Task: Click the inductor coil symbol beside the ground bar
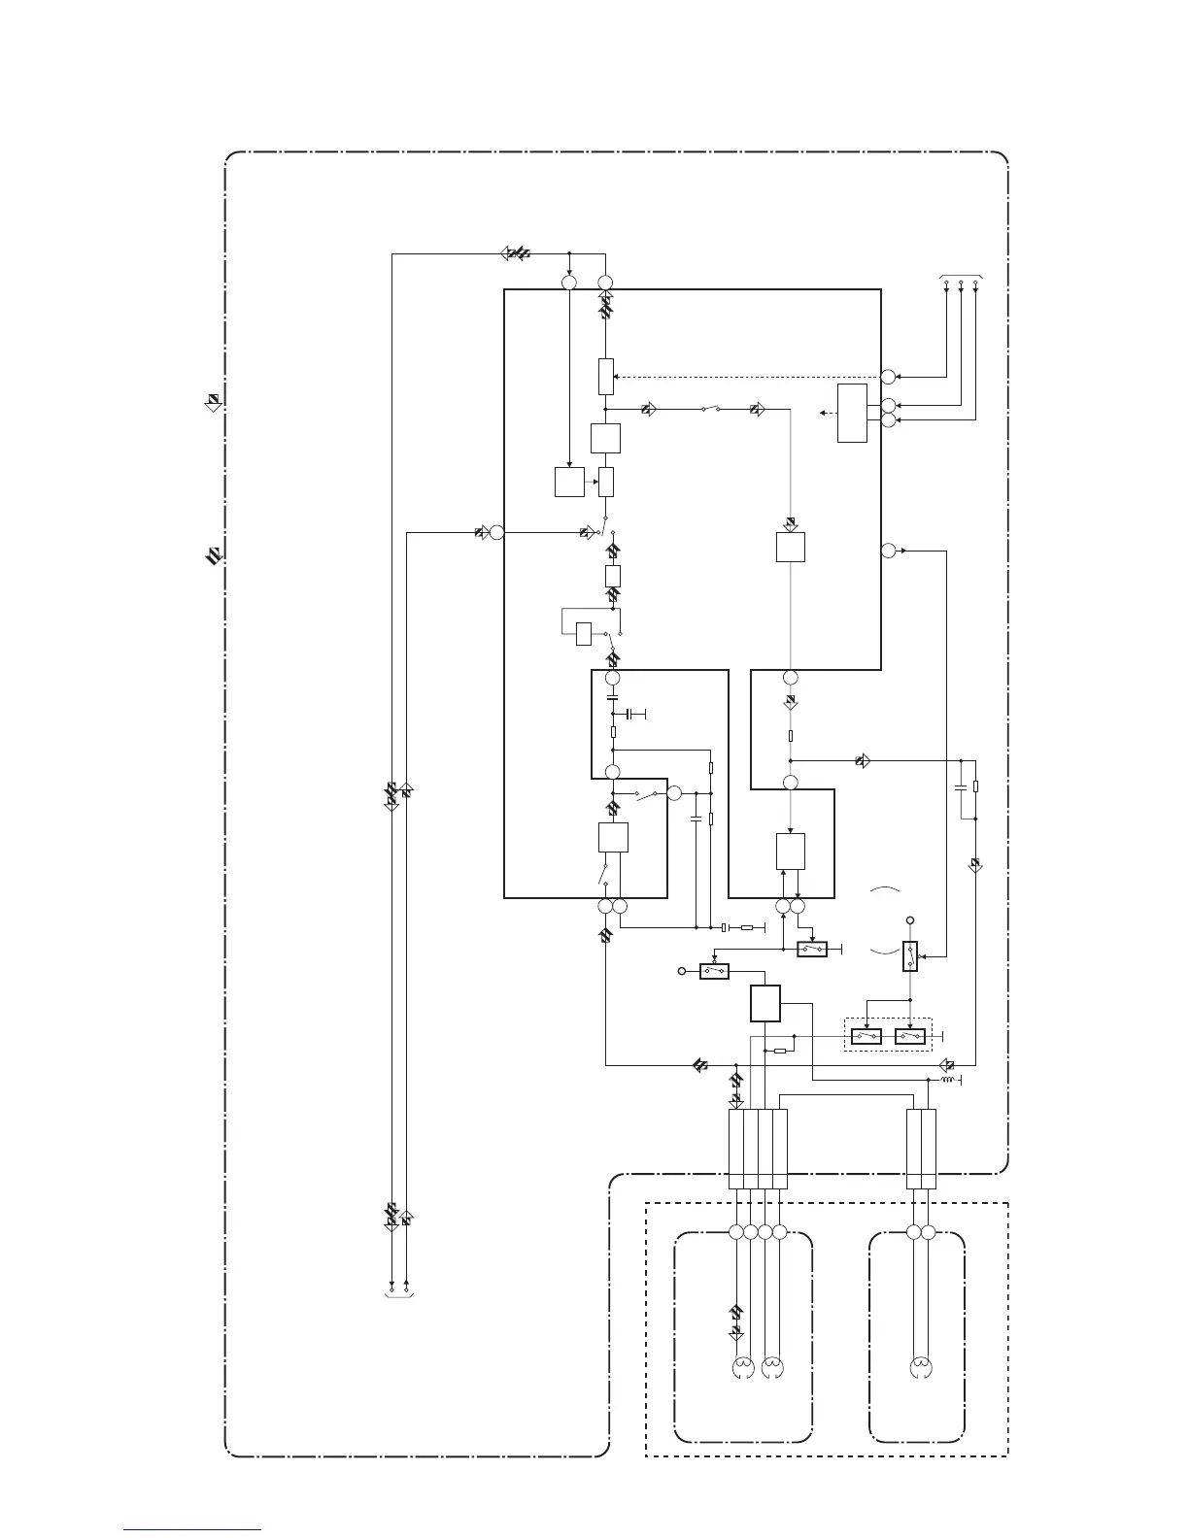[x=947, y=1079]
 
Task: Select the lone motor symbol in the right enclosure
[x=919, y=1369]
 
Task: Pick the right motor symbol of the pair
[x=772, y=1369]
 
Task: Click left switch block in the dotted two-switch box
[x=866, y=1036]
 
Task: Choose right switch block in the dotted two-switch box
[x=909, y=1036]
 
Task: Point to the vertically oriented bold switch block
[x=910, y=956]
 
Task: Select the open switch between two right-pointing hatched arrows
[x=710, y=410]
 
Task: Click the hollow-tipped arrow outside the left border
[x=212, y=402]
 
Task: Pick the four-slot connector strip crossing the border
[x=758, y=1149]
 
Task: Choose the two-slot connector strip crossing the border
[x=921, y=1149]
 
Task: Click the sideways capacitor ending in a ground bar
[x=634, y=715]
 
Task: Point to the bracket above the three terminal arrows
[x=962, y=277]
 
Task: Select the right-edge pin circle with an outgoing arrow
[x=888, y=552]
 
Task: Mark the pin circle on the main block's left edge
[x=495, y=532]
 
